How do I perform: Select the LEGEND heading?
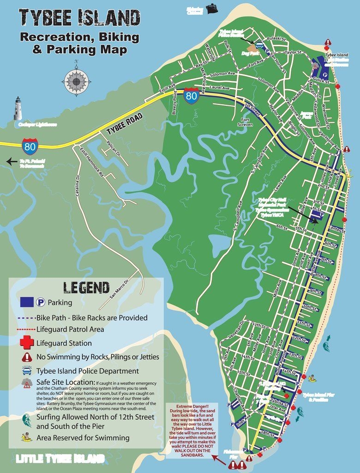86,287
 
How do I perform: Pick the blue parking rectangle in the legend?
27,303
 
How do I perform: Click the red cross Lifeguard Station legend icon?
27,343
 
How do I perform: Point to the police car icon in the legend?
27,370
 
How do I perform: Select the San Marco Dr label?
119,287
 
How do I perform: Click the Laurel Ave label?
219,87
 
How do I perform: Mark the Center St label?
338,230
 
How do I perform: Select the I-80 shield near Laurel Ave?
191,95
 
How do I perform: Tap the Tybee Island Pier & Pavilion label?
318,397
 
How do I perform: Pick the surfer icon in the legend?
27,420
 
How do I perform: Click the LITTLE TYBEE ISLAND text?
60,459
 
